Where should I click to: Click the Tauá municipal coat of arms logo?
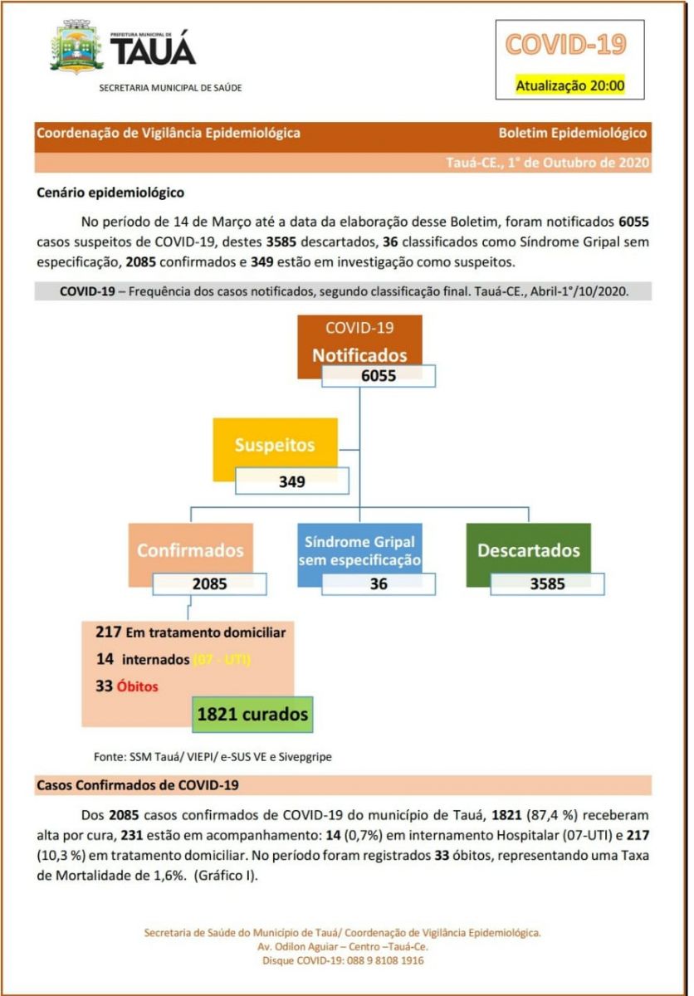tap(76, 48)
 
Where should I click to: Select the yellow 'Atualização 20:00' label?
tap(569, 85)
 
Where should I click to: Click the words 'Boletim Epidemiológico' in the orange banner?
tap(572, 133)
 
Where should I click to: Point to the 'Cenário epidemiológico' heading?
tap(110, 193)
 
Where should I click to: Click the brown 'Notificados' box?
tap(359, 344)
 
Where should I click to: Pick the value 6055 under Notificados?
tap(379, 376)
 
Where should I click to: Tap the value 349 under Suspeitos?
tap(291, 481)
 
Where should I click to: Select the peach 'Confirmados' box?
tap(190, 549)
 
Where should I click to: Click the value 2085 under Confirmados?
tap(209, 583)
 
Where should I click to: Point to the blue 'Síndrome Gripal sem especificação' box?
tap(359, 549)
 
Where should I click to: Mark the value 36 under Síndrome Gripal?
tap(379, 583)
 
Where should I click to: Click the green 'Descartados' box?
tap(528, 549)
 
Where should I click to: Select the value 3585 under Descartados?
tap(547, 583)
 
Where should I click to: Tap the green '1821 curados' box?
tap(252, 714)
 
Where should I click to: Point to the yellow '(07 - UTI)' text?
tap(222, 660)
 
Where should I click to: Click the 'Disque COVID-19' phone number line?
tap(343, 960)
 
